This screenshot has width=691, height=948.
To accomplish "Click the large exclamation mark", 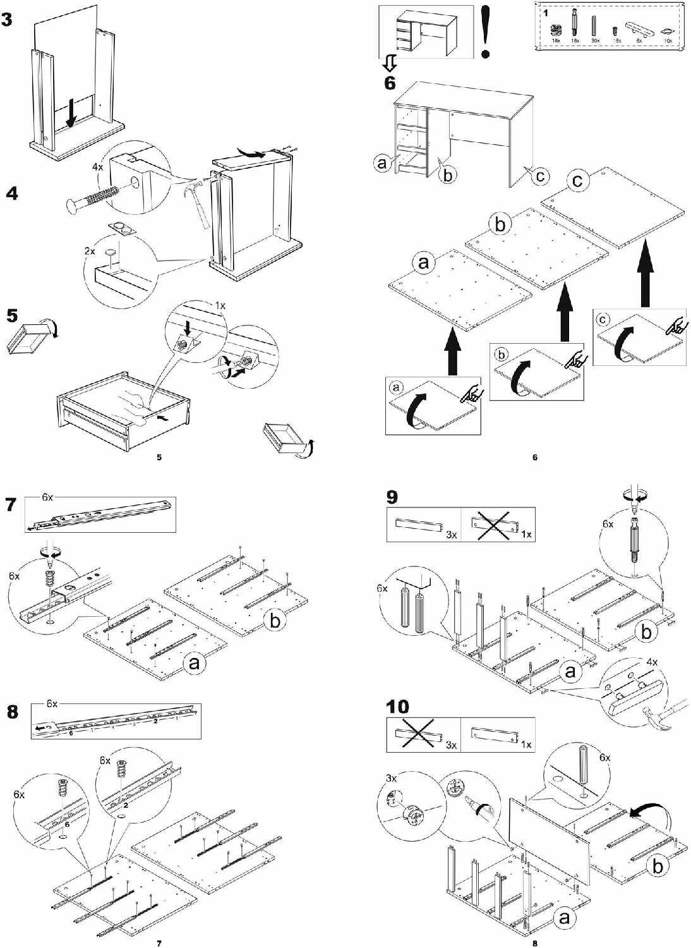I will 485,32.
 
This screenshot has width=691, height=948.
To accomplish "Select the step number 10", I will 397,706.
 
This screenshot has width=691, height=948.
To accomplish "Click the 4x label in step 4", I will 97,167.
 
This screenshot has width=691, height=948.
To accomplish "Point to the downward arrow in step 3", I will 72,112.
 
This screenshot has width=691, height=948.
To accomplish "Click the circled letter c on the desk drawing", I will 539,176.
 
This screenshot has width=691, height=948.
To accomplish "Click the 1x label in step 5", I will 220,305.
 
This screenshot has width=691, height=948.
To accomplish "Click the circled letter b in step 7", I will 275,621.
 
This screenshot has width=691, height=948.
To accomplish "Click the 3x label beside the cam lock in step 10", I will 391,778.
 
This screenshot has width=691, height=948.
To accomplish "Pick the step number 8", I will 13,712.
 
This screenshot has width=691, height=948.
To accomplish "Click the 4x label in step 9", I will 651,662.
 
